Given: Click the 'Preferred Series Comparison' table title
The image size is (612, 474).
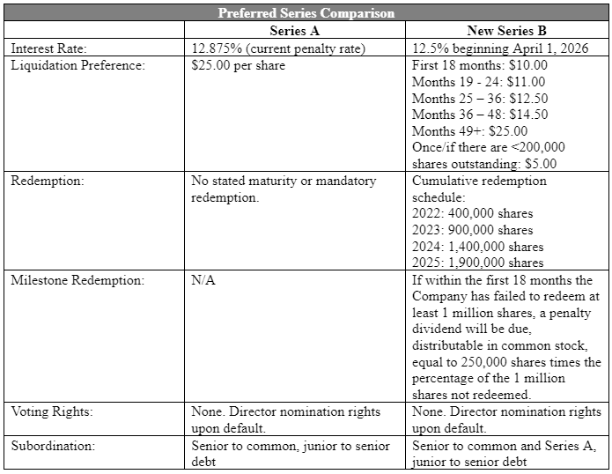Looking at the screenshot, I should (x=306, y=13).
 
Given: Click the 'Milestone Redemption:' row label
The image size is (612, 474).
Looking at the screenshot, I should (x=77, y=281).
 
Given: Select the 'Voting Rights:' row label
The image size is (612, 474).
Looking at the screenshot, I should (x=52, y=411).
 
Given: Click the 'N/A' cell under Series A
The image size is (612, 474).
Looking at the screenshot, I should (x=203, y=281).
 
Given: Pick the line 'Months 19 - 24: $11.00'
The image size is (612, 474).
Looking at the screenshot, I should (x=480, y=82).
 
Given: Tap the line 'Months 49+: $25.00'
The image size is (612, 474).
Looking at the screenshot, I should (x=469, y=131).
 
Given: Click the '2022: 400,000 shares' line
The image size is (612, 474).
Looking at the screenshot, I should (x=472, y=213).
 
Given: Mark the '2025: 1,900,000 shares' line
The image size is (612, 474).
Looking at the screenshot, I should (x=477, y=263).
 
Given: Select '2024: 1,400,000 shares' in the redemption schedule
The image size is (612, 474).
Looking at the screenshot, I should (x=477, y=247).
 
